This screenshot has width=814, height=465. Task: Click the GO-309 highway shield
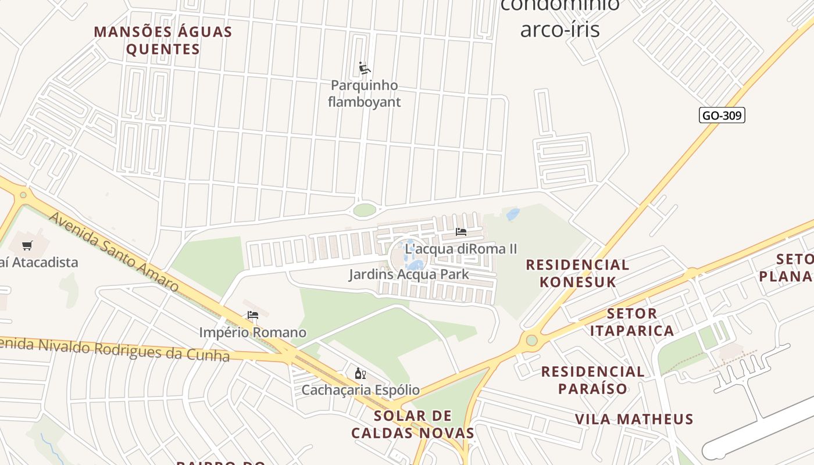pyautogui.click(x=722, y=115)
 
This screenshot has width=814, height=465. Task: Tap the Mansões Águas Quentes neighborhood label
pyautogui.click(x=163, y=40)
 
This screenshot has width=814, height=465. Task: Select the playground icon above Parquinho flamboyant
pyautogui.click(x=365, y=69)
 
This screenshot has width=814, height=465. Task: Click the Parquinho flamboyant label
pyautogui.click(x=365, y=94)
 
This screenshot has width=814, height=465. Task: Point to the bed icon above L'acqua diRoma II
pyautogui.click(x=461, y=231)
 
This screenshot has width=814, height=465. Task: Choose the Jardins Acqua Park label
pyautogui.click(x=409, y=274)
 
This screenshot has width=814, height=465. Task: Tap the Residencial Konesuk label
pyautogui.click(x=577, y=273)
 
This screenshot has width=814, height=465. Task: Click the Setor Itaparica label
pyautogui.click(x=632, y=322)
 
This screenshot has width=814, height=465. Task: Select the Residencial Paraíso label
pyautogui.click(x=593, y=380)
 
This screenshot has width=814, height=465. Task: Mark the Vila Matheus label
pyautogui.click(x=634, y=419)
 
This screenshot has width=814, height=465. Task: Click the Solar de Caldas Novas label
pyautogui.click(x=413, y=424)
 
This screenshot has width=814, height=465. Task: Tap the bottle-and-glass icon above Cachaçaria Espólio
pyautogui.click(x=360, y=373)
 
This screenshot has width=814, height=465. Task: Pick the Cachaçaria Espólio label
pyautogui.click(x=360, y=389)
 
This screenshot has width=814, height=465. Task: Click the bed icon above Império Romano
pyautogui.click(x=253, y=315)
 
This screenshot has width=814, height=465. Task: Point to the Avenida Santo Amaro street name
pyautogui.click(x=113, y=252)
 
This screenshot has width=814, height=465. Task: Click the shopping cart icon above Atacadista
pyautogui.click(x=27, y=245)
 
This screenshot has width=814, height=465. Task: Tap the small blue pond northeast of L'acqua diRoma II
pyautogui.click(x=513, y=214)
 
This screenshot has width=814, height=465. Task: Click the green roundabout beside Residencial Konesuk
pyautogui.click(x=531, y=340)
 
